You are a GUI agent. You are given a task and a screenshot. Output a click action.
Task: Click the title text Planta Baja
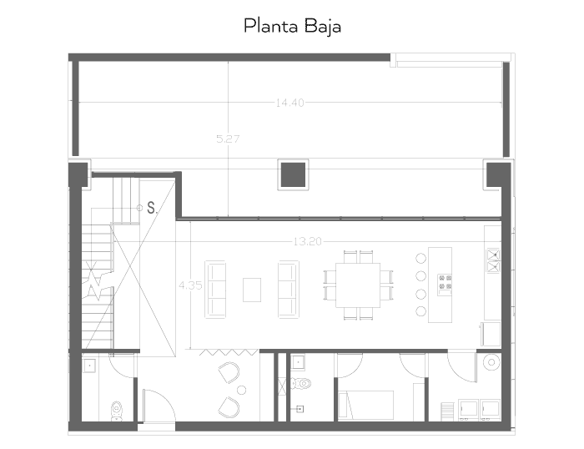coord(292,26)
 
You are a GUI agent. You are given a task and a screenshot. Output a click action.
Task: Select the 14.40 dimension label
coord(289,103)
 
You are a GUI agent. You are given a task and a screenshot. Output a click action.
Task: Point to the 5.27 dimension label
coord(228,139)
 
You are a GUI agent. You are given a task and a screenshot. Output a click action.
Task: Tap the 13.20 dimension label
coord(307,242)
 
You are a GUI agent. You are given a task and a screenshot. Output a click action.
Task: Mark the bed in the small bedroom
coord(372,405)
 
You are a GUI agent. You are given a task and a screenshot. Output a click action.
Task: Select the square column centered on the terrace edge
coord(290,173)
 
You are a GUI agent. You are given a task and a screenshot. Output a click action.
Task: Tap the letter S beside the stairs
coord(151,207)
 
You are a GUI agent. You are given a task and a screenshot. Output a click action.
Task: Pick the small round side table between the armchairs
coord(240,390)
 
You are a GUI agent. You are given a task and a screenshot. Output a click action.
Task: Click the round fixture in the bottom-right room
coord(492,363)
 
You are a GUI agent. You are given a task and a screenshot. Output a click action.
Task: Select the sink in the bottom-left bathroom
coord(88,365)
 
